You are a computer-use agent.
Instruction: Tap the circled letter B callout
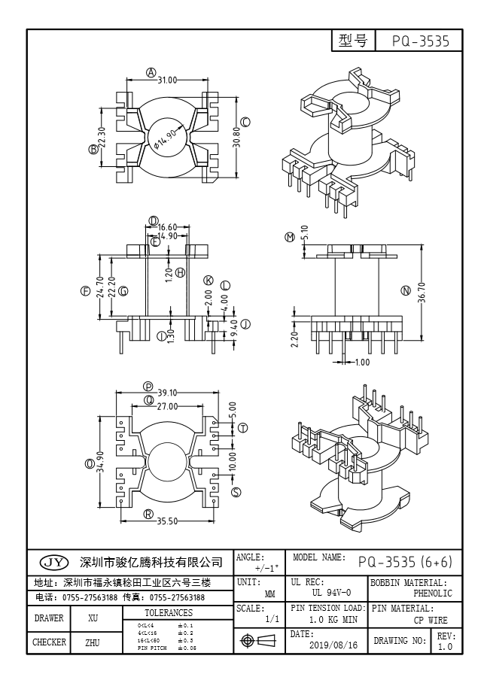tap(94, 149)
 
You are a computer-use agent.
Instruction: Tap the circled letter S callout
tap(236, 493)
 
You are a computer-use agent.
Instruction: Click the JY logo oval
tap(53, 562)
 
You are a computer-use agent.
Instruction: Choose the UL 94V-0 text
tap(327, 593)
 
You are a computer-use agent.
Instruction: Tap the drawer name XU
tap(93, 619)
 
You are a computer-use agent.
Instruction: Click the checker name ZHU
tap(93, 643)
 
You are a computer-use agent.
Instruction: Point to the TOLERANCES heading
tap(169, 613)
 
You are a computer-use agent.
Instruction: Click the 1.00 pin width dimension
tap(361, 362)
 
